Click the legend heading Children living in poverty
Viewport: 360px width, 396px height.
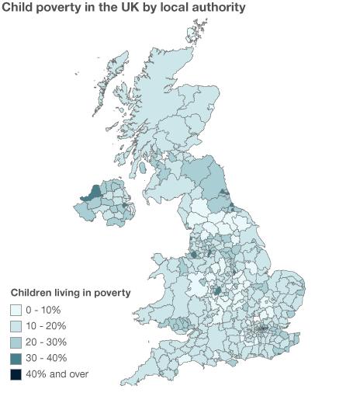pos(70,293)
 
